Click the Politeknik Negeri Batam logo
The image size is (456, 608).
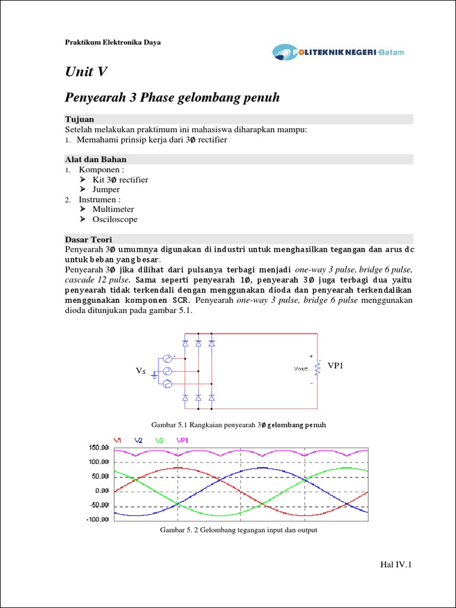(x=338, y=52)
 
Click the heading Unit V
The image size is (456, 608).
(x=86, y=72)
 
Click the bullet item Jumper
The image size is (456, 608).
(x=106, y=189)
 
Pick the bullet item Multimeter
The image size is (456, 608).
(x=113, y=209)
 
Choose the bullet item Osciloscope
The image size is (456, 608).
(x=115, y=219)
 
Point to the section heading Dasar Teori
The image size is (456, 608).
(x=87, y=239)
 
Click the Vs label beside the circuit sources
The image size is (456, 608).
(x=141, y=371)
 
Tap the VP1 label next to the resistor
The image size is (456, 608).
(x=335, y=366)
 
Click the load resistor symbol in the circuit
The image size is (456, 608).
(x=318, y=369)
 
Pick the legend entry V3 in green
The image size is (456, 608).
(x=159, y=440)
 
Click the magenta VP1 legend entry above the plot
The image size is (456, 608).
(x=182, y=440)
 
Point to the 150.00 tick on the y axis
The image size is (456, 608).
(x=99, y=447)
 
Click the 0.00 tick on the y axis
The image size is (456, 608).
(x=102, y=491)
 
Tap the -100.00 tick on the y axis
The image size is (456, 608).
(x=98, y=520)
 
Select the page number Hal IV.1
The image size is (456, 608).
(x=395, y=564)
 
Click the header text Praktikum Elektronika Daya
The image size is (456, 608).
(x=112, y=42)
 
